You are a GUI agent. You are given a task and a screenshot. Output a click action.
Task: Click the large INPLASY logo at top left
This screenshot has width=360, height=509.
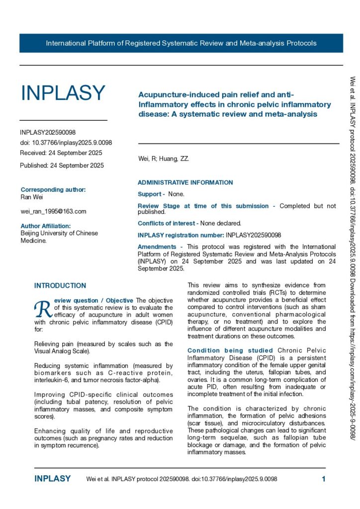pos(63,93)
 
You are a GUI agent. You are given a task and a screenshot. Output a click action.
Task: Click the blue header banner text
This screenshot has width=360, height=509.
pos(181,43)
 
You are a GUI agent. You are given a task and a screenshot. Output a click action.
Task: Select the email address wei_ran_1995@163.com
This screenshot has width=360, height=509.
pos(53,211)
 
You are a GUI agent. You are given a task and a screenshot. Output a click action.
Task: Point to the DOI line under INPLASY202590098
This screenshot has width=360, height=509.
pos(66,143)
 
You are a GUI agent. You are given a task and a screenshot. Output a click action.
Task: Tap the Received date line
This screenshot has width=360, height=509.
pos(61,153)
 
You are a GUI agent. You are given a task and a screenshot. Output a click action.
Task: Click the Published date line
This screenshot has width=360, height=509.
pos(62,165)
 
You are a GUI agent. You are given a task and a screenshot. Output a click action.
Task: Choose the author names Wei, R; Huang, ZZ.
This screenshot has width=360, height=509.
pos(163,159)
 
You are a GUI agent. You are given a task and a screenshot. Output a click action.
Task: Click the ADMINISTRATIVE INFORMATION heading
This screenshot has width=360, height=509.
pos(185,182)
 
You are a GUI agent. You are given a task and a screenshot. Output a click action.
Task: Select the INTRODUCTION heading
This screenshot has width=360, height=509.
pos(60,286)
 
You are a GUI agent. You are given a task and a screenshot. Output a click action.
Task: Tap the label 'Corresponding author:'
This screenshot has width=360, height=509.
pos(53,189)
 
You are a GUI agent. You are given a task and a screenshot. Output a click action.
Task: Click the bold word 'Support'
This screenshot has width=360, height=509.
pos(149,194)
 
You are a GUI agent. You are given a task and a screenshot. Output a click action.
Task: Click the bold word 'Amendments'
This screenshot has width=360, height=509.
pos(157,247)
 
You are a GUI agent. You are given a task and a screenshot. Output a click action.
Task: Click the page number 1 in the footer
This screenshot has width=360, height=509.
pos(323,479)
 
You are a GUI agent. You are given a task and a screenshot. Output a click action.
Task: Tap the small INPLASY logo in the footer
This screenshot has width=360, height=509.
pos(53,479)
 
